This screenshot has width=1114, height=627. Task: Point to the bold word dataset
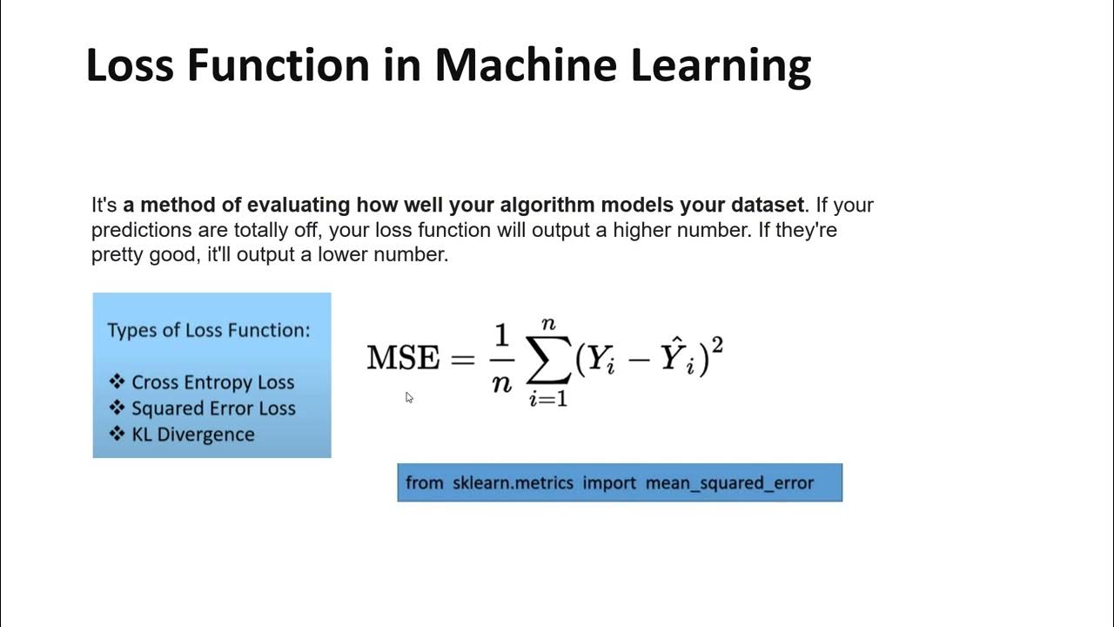[x=767, y=206]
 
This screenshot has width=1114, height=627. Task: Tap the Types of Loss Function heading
[x=208, y=331]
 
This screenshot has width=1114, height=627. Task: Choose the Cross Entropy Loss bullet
[x=212, y=382]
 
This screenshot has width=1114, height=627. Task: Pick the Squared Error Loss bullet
[x=213, y=408]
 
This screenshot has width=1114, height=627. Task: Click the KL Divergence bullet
[x=192, y=435]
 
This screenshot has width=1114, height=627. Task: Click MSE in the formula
[x=403, y=358]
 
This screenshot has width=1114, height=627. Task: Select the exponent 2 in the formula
[x=717, y=346]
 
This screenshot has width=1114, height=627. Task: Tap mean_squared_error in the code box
[x=729, y=483]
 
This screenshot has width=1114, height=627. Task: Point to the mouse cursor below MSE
[x=409, y=398]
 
